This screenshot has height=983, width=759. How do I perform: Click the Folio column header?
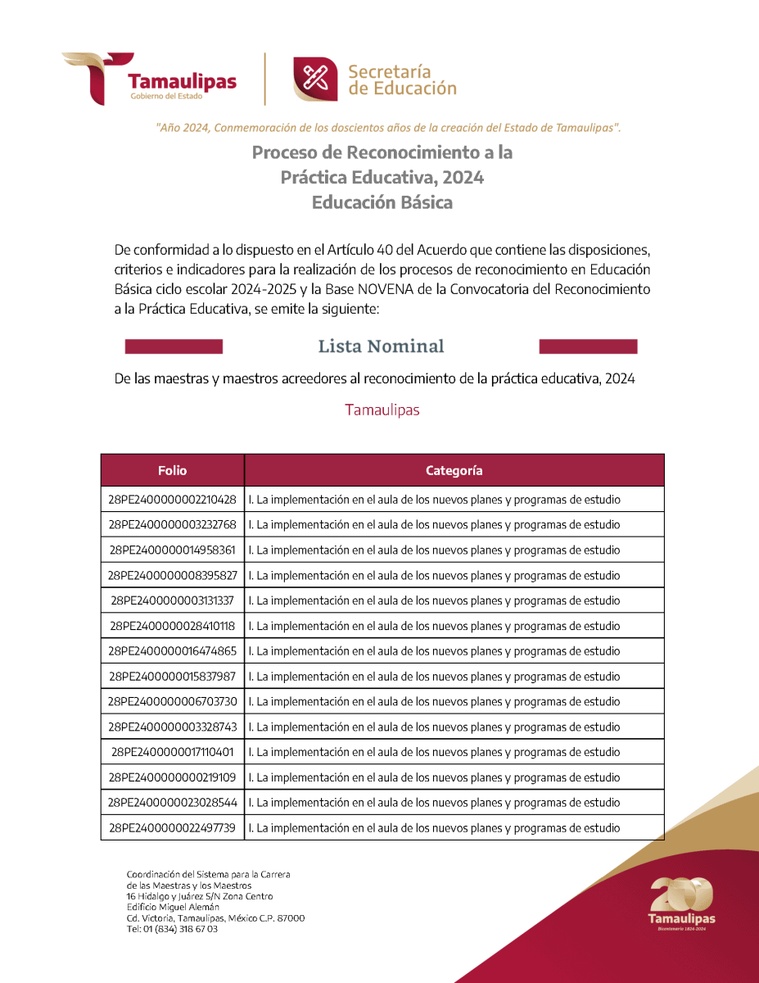pos(173,470)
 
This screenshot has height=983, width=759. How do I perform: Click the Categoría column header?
pos(454,470)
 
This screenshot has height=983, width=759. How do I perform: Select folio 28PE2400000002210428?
pos(172,499)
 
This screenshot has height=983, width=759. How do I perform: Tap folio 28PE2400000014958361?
pos(172,550)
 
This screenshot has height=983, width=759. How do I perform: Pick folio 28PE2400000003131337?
pos(172,600)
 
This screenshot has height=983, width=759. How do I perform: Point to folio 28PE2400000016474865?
pos(172,651)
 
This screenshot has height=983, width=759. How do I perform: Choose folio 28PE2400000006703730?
pos(172,702)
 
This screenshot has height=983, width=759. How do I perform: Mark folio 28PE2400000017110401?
pos(172,752)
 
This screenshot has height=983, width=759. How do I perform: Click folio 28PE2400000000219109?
pos(172,777)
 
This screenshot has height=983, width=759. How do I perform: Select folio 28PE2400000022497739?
pos(172,828)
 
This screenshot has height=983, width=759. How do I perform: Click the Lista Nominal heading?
pos(381,347)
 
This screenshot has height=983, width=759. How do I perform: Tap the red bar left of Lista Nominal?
pos(174,347)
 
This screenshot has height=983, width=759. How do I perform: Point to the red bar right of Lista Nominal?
pos(588,347)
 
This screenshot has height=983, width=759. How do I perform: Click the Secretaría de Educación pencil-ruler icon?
pos(316,79)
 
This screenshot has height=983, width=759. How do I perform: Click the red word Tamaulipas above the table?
pos(382,410)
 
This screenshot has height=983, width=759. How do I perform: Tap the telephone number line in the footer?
pos(172,929)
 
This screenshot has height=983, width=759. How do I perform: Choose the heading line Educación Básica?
pos(382,202)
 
